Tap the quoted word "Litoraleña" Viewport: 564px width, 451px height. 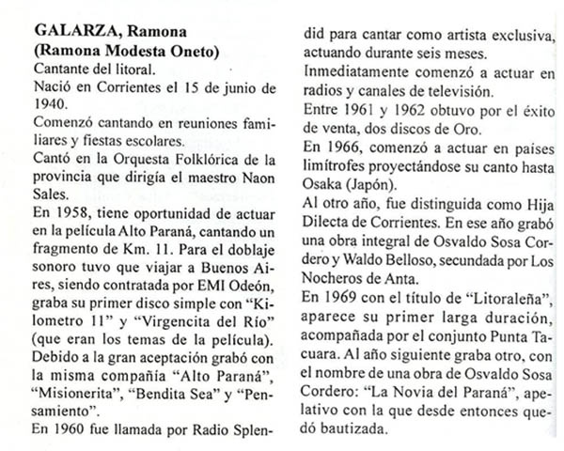click(x=504, y=303)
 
